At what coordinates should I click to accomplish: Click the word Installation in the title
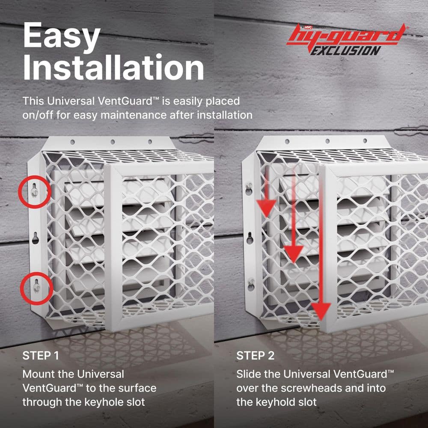(113, 67)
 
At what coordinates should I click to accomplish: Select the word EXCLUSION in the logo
(346, 51)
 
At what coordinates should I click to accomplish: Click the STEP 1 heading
(40, 355)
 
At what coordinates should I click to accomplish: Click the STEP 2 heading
(255, 355)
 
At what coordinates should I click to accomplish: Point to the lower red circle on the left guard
(37, 273)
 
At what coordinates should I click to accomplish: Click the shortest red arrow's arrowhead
(266, 208)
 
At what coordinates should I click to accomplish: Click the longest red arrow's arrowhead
(321, 311)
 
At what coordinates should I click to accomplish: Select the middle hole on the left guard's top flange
(113, 142)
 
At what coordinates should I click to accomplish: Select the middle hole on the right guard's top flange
(327, 141)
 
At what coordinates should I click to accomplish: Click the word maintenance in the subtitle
(134, 115)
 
